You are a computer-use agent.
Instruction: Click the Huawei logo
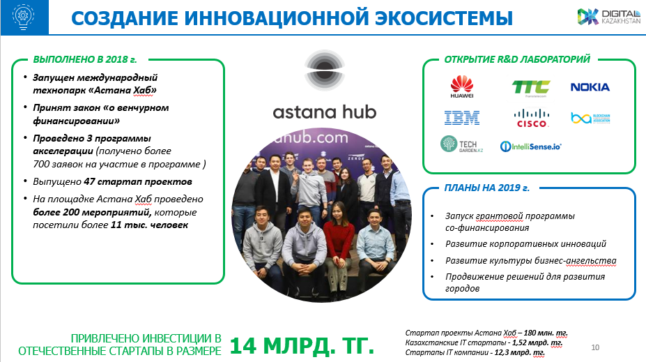click(462, 86)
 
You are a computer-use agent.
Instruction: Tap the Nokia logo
click(590, 87)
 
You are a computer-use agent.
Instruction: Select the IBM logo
click(462, 118)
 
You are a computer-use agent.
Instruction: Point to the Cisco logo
click(532, 118)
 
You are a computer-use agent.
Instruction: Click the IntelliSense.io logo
click(530, 146)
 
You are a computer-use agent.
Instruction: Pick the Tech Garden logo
click(461, 144)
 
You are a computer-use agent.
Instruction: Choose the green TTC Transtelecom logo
click(531, 88)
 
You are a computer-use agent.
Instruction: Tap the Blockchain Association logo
click(590, 119)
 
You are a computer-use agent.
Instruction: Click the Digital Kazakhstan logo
click(609, 17)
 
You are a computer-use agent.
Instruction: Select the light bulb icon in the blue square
click(24, 17)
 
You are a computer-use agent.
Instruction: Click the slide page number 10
click(595, 347)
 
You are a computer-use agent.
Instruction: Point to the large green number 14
click(243, 345)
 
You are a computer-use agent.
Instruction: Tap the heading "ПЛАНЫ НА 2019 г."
click(486, 188)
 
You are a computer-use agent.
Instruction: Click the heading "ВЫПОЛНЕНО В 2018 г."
click(85, 59)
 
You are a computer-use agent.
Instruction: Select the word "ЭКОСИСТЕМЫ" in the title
click(444, 18)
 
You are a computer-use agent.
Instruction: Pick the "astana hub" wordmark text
click(325, 112)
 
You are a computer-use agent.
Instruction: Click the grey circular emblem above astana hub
click(325, 70)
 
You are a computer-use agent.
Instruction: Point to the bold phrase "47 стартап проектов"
click(137, 181)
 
